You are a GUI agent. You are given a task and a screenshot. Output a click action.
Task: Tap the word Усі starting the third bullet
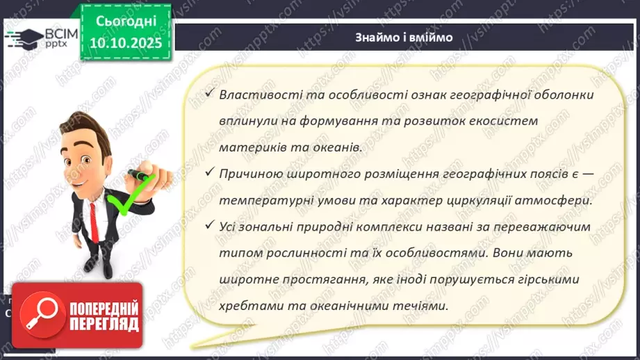[229, 227]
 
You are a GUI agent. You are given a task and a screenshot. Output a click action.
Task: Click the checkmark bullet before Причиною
[208, 174]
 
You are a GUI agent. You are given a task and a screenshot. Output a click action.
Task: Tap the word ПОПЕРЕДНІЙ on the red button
[102, 307]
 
